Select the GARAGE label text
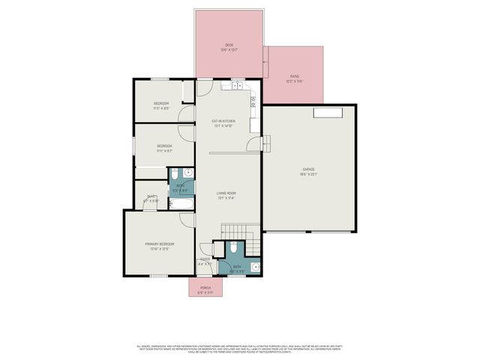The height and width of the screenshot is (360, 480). [x=309, y=169]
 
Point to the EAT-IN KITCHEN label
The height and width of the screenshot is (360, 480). [x=223, y=121]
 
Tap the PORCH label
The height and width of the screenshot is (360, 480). [x=205, y=288]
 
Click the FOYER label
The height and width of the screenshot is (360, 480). [x=205, y=259]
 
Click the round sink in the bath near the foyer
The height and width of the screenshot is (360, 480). [x=256, y=267]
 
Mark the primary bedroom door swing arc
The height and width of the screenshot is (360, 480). [x=184, y=218]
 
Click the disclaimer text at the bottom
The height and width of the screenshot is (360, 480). [x=239, y=349]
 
